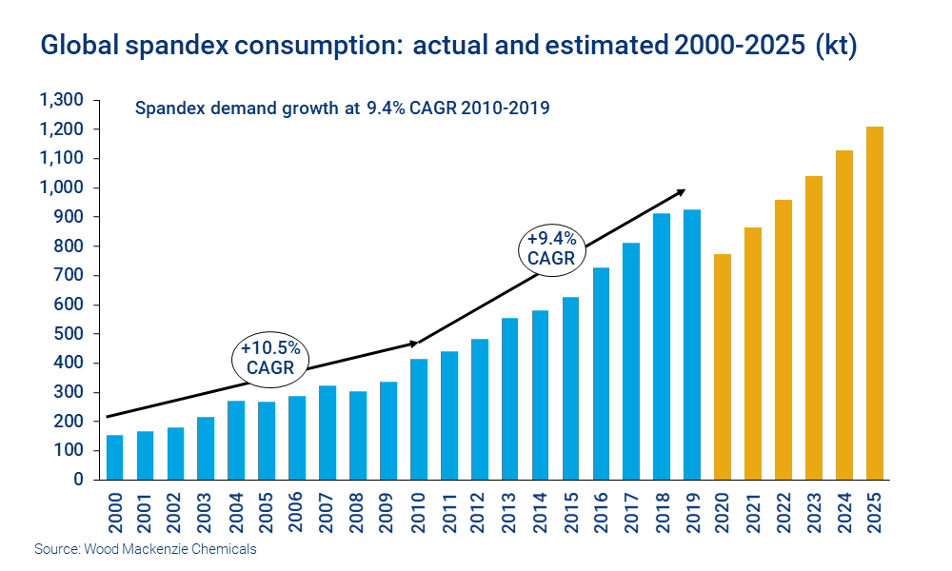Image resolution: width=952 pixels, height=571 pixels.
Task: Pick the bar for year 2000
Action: pos(115,457)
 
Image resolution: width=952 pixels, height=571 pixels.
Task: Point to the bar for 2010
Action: pos(419,419)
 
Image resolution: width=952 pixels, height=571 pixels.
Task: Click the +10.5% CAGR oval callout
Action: pos(271,358)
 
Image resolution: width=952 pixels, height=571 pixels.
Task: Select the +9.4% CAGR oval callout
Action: pos(551,247)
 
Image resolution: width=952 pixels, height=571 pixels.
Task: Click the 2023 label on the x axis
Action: pos(814,514)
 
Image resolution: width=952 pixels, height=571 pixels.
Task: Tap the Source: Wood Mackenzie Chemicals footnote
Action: pos(146,549)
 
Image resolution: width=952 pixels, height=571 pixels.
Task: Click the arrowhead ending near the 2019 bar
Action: pos(680,191)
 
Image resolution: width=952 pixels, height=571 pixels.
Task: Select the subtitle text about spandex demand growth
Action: pos(343,108)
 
